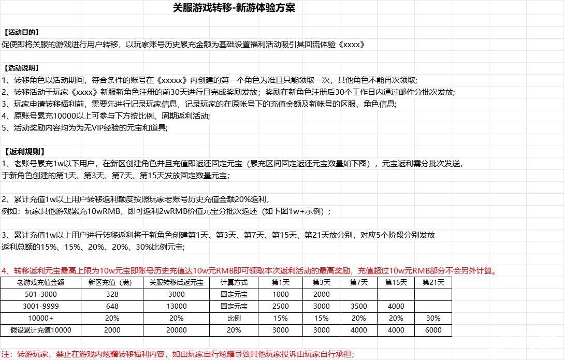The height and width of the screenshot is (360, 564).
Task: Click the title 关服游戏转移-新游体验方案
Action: [x=234, y=8]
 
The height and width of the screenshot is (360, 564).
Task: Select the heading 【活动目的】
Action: [x=21, y=32]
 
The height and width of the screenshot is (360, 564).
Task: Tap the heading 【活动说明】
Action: [x=21, y=68]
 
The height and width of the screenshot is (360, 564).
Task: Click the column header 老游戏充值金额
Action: [x=40, y=283]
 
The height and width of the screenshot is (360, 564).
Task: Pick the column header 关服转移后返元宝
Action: [x=176, y=283]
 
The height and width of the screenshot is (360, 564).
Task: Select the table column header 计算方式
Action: [x=234, y=283]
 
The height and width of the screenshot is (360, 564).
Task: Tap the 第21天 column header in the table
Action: [x=433, y=283]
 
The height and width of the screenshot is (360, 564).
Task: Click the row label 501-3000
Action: [x=40, y=294]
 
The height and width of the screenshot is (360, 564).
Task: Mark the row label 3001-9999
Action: [x=40, y=306]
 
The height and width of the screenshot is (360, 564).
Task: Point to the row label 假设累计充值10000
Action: [x=40, y=330]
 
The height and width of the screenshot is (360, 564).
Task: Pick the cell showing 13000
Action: [x=176, y=306]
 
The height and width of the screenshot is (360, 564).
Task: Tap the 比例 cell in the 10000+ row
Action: [x=234, y=318]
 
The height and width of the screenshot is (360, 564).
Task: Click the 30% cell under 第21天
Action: [x=433, y=318]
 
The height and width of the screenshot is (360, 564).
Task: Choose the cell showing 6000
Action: [x=433, y=330]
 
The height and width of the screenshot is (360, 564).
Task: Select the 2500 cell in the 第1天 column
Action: [x=281, y=306]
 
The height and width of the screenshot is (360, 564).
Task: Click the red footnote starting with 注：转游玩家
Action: [x=178, y=354]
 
